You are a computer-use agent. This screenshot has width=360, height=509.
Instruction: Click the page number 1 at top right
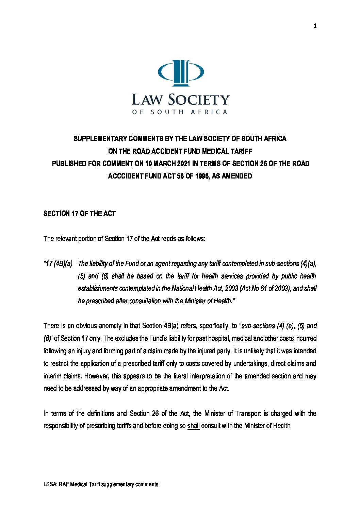click(315, 26)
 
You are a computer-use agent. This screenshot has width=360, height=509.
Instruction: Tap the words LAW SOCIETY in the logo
click(181, 100)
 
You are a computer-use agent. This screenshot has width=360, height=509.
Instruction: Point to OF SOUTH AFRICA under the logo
click(180, 112)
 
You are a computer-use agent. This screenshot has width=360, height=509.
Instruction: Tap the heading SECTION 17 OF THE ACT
click(80, 214)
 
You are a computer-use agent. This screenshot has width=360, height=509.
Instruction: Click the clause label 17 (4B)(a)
click(58, 264)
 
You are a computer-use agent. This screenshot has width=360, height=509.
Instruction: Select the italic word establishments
click(98, 288)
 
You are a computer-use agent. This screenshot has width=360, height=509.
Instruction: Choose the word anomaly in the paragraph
click(110, 326)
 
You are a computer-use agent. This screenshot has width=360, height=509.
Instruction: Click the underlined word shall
click(193, 426)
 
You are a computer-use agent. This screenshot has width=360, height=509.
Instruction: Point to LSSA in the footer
click(50, 484)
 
